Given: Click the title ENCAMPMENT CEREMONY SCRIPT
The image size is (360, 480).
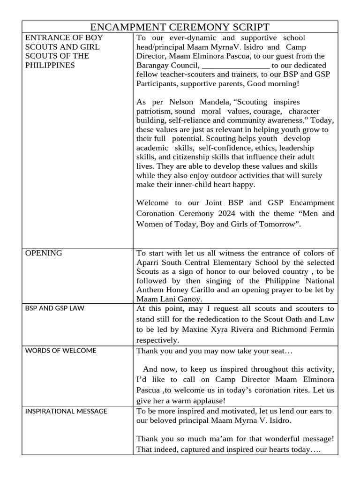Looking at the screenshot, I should point(180,27).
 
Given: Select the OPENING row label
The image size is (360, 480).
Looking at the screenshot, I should point(43,253).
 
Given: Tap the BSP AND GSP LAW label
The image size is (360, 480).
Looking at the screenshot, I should point(54,308).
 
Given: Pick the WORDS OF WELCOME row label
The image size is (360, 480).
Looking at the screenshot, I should point(60,351).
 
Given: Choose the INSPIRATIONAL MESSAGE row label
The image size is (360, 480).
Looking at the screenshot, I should point(66,411).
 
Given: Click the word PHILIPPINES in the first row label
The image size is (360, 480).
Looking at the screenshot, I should point(50,65).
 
